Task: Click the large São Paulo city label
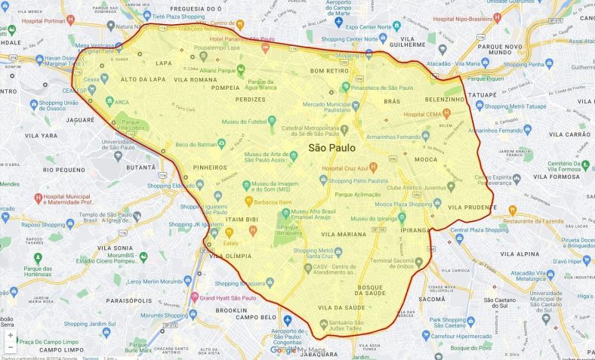[331, 148]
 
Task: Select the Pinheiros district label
[210, 168]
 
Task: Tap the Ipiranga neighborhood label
[415, 230]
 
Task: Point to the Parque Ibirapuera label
[289, 231]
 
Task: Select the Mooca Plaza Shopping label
[408, 205]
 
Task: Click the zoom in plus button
[11, 335]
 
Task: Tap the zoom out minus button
[11, 347]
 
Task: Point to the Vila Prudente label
[470, 207]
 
